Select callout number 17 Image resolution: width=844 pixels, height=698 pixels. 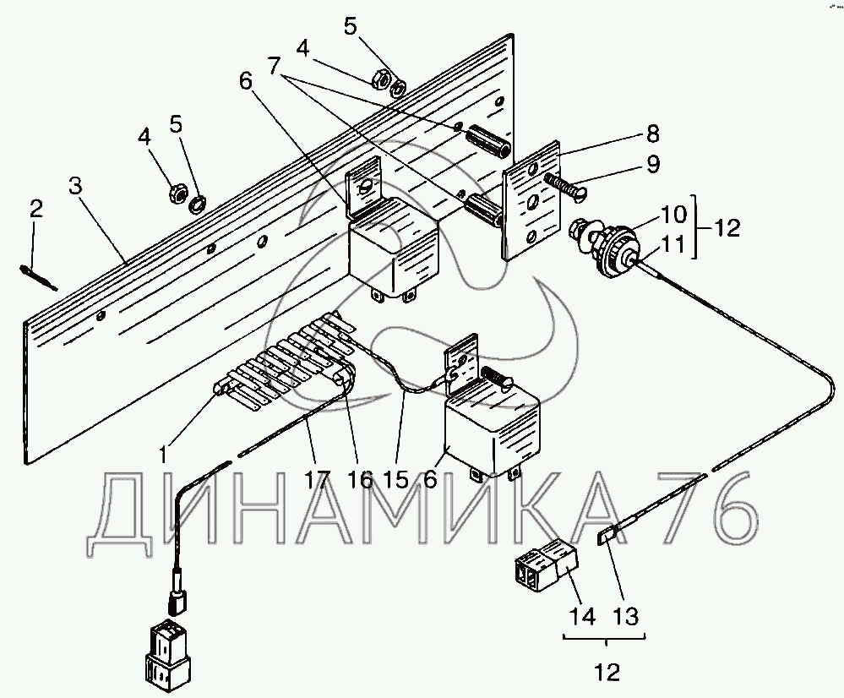316,480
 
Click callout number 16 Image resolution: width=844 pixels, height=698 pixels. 359,480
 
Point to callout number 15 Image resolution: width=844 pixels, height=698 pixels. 395,480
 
